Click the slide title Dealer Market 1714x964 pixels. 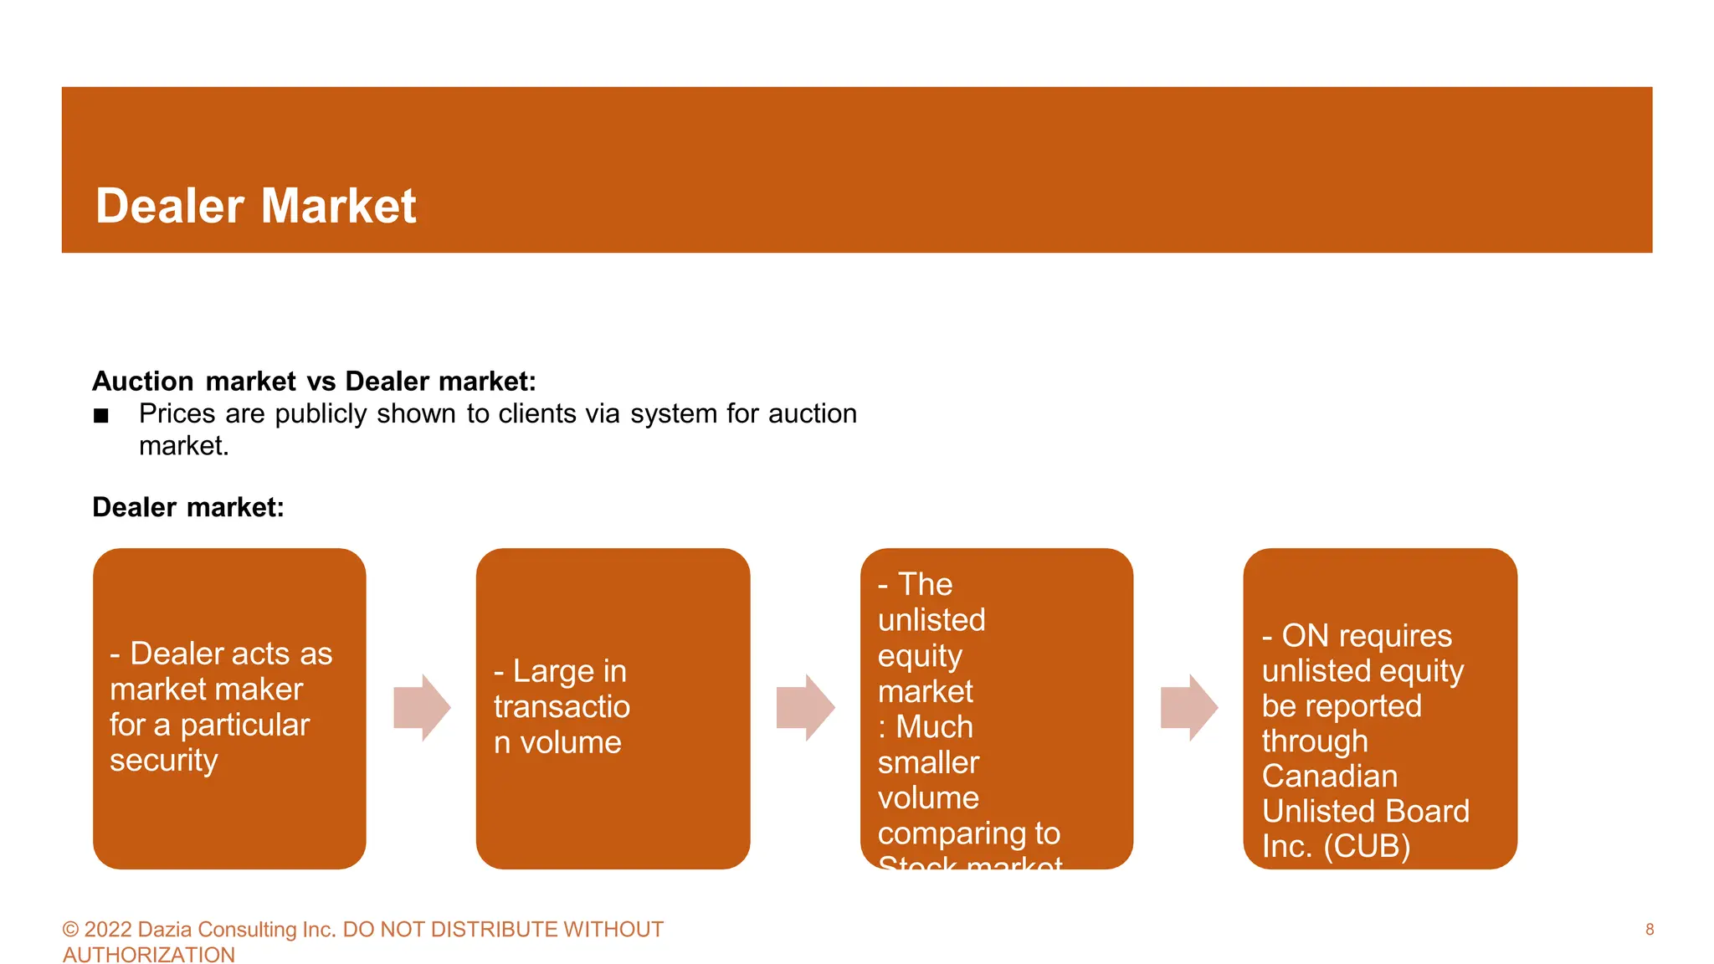click(x=255, y=206)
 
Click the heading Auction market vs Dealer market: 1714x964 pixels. click(x=314, y=382)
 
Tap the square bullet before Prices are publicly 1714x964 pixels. click(x=101, y=416)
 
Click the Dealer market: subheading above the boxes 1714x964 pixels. click(x=188, y=508)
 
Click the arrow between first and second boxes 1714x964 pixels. click(x=422, y=708)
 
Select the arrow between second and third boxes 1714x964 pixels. click(x=805, y=708)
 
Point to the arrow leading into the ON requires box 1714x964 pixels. click(x=1188, y=708)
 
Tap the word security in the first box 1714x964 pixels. click(x=164, y=761)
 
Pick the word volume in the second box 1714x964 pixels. click(x=571, y=743)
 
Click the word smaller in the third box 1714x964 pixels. click(x=928, y=763)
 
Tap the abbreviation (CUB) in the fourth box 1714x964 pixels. click(x=1367, y=847)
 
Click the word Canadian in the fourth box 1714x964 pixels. click(x=1329, y=777)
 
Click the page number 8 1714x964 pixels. click(x=1650, y=930)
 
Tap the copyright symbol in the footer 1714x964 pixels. click(x=70, y=930)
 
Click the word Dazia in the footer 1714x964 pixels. click(x=165, y=930)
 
